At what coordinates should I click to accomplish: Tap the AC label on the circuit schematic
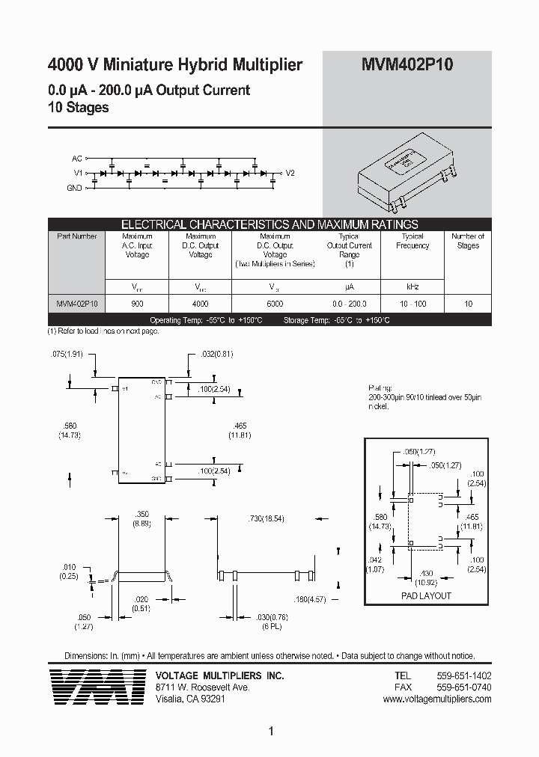click(76, 159)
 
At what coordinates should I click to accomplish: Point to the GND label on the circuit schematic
click(75, 188)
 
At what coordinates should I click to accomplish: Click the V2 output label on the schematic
click(290, 173)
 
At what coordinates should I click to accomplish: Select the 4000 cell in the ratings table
click(201, 304)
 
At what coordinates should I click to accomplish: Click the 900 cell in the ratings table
click(137, 304)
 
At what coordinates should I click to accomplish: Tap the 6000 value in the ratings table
click(275, 304)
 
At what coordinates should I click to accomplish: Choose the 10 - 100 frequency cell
click(412, 304)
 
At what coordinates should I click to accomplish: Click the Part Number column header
click(77, 236)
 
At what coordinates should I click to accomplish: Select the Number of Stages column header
click(468, 241)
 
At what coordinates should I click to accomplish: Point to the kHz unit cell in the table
click(412, 286)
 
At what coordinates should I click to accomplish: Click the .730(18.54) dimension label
click(266, 518)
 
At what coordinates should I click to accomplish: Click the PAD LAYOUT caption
click(427, 595)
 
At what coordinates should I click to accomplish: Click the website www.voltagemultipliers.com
click(436, 699)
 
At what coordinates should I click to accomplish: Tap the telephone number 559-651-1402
click(463, 675)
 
